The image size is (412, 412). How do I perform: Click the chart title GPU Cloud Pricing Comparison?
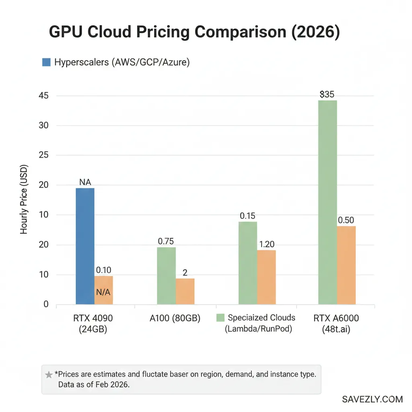[x=194, y=32]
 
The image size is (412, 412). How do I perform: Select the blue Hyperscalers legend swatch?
[x=46, y=62]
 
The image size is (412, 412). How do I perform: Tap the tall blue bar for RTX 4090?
[x=85, y=246]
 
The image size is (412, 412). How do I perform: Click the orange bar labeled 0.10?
[x=103, y=290]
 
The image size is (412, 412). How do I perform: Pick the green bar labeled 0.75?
[x=166, y=276]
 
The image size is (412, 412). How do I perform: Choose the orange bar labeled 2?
[x=185, y=291]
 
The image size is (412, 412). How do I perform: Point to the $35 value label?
[x=327, y=95]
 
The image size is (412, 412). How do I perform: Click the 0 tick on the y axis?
[x=46, y=305]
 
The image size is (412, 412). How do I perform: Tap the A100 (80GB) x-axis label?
[x=175, y=318]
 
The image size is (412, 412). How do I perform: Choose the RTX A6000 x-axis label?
[x=336, y=323]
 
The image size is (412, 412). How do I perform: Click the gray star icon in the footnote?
[x=49, y=375]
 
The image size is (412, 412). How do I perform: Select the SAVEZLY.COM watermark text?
[x=372, y=399]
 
